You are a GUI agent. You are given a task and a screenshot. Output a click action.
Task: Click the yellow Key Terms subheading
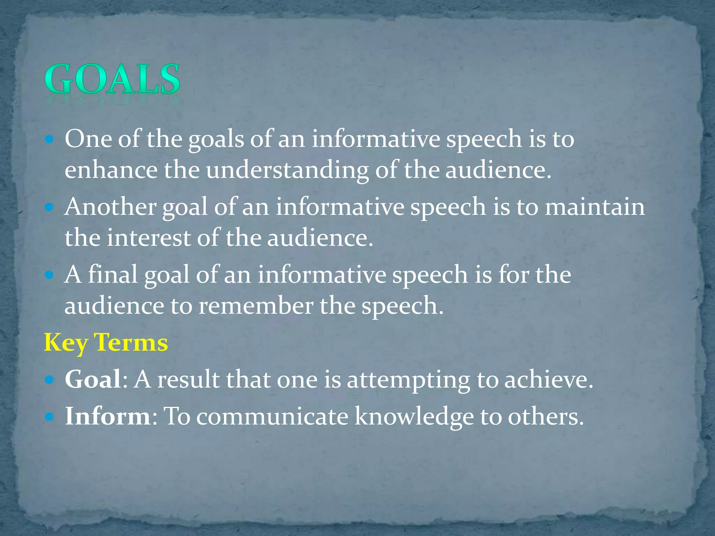(106, 343)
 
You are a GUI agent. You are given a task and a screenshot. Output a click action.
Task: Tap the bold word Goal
(93, 379)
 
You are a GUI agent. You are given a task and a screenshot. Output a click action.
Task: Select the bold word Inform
(108, 416)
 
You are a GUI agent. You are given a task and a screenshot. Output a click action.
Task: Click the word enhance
(111, 170)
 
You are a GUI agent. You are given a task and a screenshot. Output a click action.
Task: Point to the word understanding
(287, 171)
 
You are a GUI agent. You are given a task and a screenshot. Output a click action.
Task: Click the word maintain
(595, 207)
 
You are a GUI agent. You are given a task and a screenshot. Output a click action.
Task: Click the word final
(112, 274)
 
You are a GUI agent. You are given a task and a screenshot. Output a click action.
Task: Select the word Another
(110, 207)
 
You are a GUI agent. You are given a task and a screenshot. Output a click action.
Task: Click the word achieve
(548, 379)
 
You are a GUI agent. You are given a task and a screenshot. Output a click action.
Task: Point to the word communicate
(272, 416)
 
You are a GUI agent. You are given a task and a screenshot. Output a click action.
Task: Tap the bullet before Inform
(49, 417)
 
